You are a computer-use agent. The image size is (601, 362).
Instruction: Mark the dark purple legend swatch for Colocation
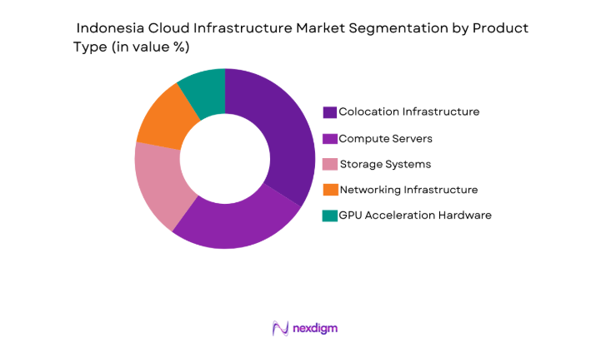[x=330, y=112]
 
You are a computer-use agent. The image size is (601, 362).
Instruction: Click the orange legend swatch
[x=330, y=190]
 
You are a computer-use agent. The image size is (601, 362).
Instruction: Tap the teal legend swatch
[x=330, y=216]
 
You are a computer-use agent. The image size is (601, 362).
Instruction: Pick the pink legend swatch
[x=330, y=164]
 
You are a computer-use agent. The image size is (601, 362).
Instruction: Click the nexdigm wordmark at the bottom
[x=315, y=329]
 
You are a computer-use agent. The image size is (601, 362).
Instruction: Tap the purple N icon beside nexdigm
[x=280, y=328]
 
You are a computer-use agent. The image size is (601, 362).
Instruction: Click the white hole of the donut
[x=224, y=159]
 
